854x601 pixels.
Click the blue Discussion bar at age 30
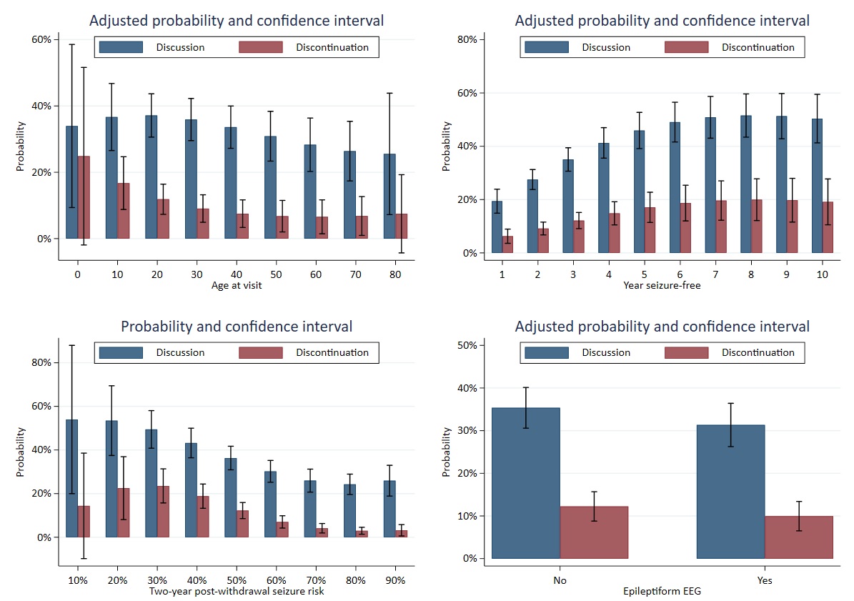(191, 179)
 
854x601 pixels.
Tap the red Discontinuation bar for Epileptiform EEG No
(594, 532)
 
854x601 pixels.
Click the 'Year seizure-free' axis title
(662, 287)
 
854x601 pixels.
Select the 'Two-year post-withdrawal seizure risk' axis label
(236, 591)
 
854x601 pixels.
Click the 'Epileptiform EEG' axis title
(662, 592)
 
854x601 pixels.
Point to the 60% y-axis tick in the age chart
(41, 39)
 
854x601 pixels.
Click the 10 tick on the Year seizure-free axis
(823, 274)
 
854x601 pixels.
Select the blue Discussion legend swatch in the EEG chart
(547, 352)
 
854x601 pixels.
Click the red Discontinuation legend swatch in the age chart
(260, 48)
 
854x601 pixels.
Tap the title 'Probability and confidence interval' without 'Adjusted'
(237, 327)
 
